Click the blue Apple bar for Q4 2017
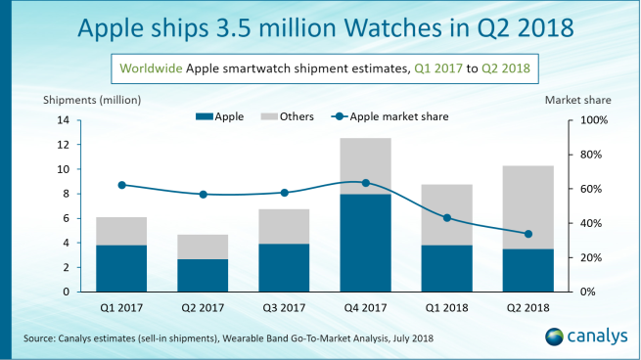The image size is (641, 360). [365, 243]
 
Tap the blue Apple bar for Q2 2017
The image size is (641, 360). [203, 275]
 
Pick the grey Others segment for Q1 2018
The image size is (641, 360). [447, 214]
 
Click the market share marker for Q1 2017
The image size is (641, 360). [121, 185]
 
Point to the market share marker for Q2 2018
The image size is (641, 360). [528, 234]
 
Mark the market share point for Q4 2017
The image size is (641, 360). [365, 183]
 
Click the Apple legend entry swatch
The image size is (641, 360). [202, 117]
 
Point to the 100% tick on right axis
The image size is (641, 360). [594, 120]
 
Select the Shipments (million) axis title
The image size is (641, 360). [93, 100]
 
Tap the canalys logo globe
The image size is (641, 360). [554, 337]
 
